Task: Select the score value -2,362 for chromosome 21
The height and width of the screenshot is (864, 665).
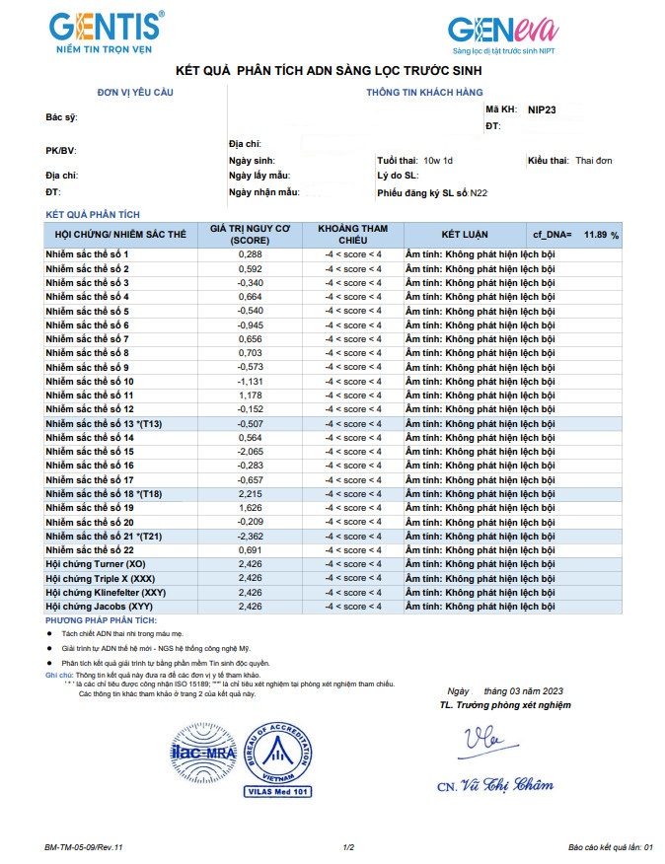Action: (250, 536)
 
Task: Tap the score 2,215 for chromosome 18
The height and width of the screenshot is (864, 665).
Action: (250, 493)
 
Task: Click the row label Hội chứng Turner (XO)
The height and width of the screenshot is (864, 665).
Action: (96, 563)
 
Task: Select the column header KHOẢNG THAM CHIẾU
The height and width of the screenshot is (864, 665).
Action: (352, 235)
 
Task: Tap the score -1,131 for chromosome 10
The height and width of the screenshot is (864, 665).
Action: (250, 381)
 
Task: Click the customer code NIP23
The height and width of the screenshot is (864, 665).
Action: (543, 110)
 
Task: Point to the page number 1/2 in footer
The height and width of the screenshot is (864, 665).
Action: (347, 846)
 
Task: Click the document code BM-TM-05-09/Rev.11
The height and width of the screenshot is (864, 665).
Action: (84, 846)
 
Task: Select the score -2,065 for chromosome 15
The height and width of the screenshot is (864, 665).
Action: (250, 451)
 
